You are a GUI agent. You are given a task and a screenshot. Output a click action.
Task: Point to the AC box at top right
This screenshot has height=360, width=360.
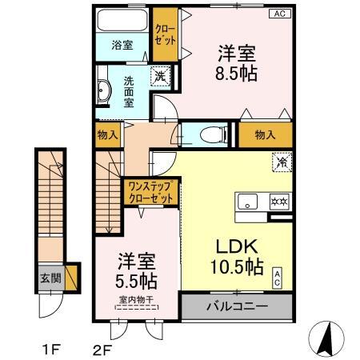pyautogui.click(x=281, y=14)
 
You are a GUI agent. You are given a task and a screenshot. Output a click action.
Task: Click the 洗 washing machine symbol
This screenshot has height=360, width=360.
pyautogui.click(x=161, y=78)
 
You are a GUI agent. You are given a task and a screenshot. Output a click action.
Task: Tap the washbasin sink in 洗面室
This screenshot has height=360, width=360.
pyautogui.click(x=104, y=91)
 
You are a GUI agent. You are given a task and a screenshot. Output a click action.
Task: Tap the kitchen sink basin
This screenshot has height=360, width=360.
pyautogui.click(x=247, y=202)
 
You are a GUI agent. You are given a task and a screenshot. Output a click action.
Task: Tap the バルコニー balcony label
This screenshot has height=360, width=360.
pyautogui.click(x=237, y=306)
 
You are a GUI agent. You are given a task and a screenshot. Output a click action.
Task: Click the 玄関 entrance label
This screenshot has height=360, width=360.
pyautogui.click(x=49, y=280)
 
